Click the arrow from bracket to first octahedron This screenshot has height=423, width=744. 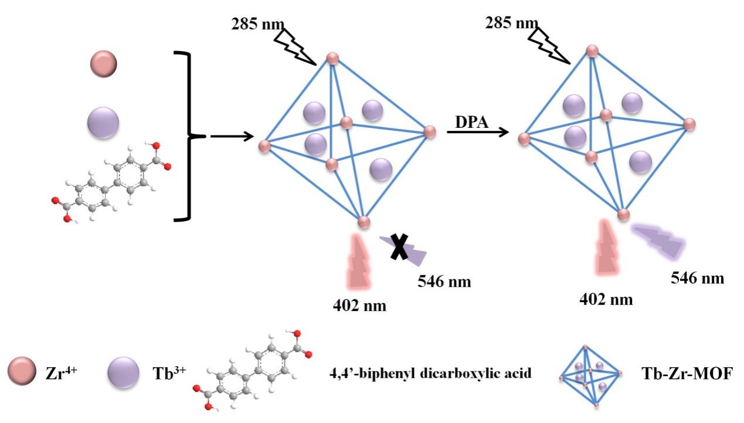[x=232, y=137]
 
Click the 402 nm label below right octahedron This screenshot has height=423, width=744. [x=606, y=299]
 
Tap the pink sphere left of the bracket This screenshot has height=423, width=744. [x=104, y=63]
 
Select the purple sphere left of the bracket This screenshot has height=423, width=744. [x=103, y=123]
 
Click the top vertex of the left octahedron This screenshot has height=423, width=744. [x=332, y=58]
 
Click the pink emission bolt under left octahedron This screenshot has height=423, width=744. [x=359, y=261]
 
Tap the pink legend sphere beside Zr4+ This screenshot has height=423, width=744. [x=23, y=372]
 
